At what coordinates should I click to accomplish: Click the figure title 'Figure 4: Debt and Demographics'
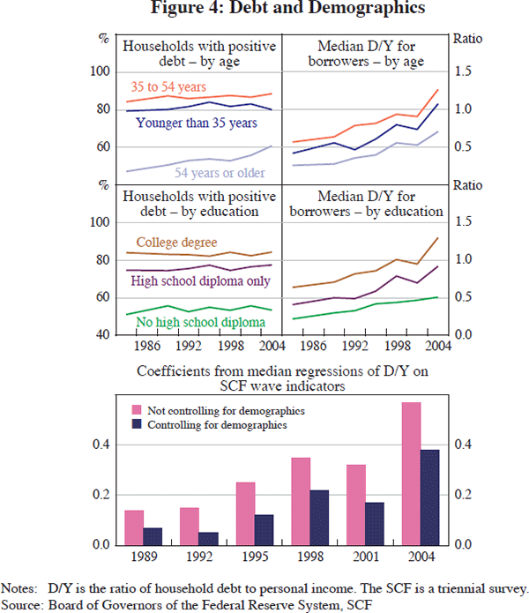tap(264, 10)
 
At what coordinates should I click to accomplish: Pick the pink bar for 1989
tap(134, 527)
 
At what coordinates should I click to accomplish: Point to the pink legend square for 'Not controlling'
tap(136, 411)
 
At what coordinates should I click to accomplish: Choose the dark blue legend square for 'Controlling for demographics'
tap(136, 424)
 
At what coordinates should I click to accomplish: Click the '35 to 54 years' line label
tap(168, 86)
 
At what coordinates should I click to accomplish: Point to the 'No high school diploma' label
tap(200, 322)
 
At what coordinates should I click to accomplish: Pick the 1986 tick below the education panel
tap(147, 345)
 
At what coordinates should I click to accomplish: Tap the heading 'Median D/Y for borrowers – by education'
tap(363, 204)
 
